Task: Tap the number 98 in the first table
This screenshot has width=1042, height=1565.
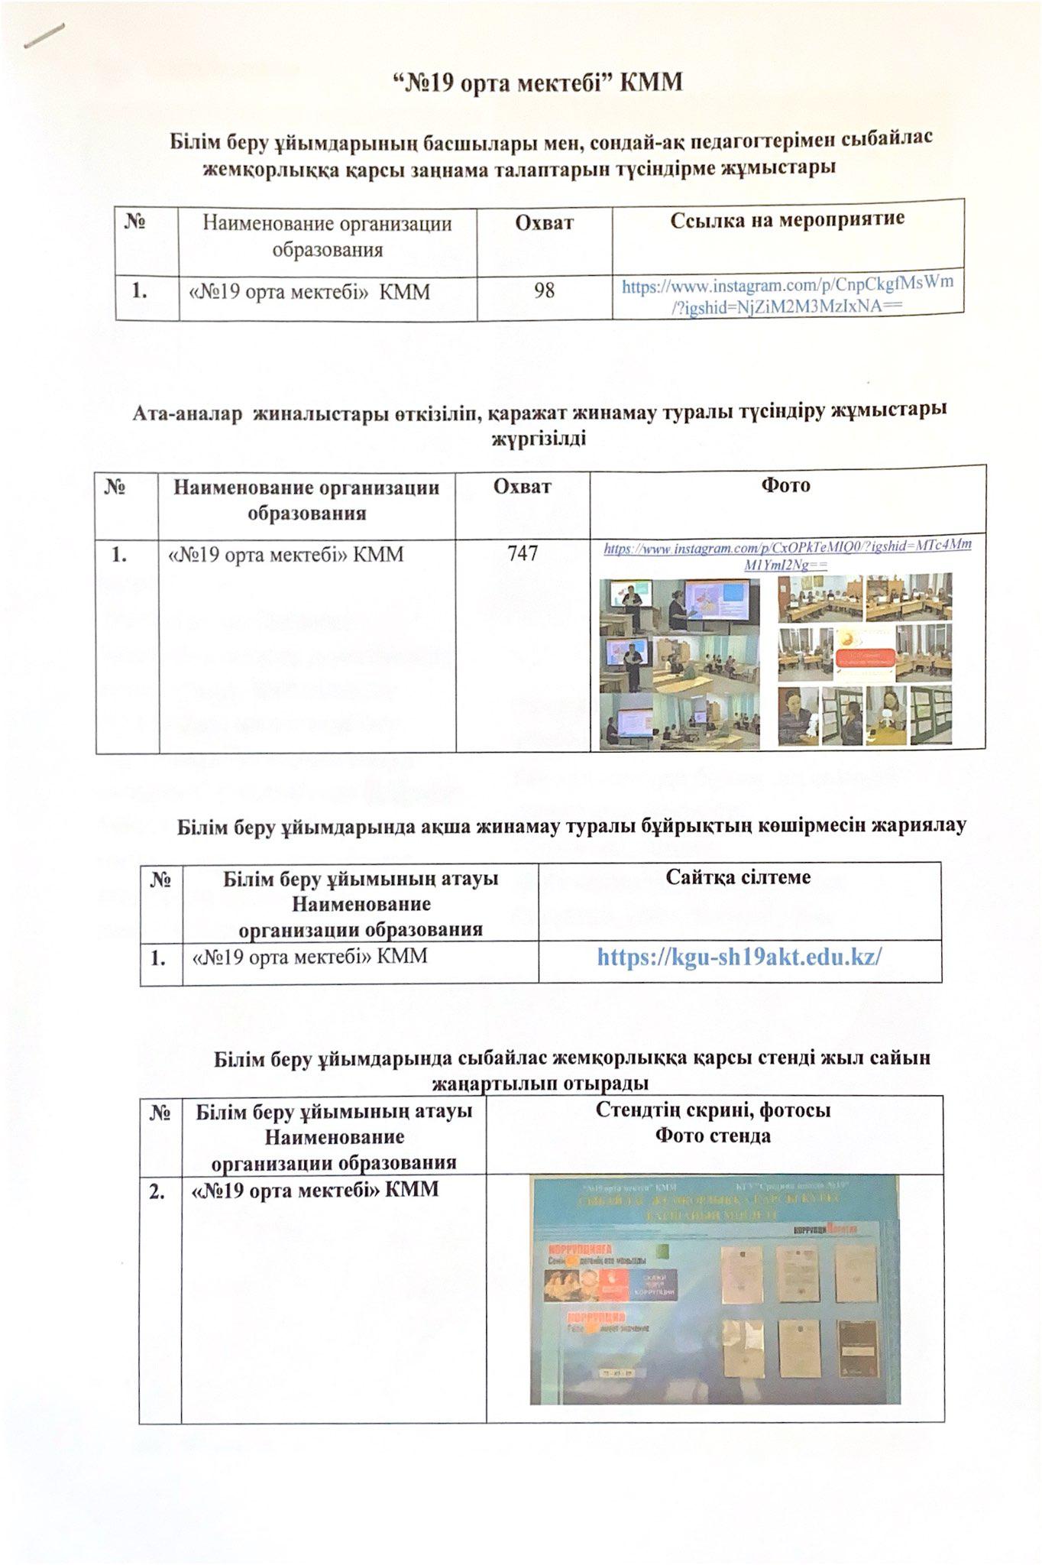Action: click(x=544, y=290)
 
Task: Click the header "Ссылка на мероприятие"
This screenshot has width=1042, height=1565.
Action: click(x=787, y=220)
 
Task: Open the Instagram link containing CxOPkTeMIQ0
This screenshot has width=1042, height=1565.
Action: click(x=788, y=555)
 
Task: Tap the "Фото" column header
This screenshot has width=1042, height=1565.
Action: click(x=786, y=485)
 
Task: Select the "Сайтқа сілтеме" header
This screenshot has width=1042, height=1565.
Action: click(x=738, y=877)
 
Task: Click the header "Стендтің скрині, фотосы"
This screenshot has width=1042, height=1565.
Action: click(x=713, y=1110)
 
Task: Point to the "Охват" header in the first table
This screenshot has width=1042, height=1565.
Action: click(x=544, y=222)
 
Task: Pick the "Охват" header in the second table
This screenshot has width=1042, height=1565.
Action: click(x=523, y=486)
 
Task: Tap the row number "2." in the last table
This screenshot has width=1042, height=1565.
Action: click(x=159, y=1190)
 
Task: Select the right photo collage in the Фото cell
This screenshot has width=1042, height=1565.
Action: click(x=865, y=661)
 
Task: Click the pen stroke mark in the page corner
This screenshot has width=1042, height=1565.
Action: click(x=44, y=34)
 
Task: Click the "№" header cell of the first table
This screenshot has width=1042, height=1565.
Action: click(x=135, y=222)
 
